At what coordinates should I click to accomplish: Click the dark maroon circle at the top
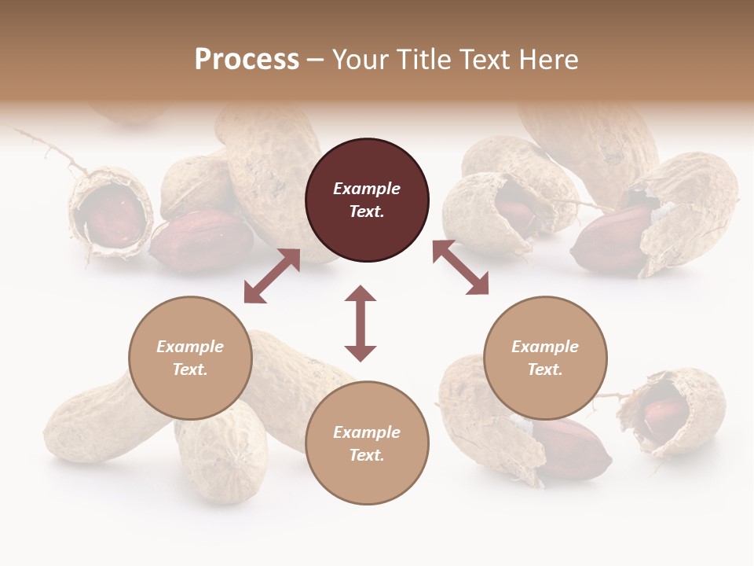(367, 200)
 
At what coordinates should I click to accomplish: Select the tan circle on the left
(190, 358)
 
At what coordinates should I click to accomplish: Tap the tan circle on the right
(545, 358)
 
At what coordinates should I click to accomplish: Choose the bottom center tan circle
(367, 443)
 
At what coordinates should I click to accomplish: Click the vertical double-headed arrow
(361, 323)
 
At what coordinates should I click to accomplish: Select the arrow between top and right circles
(460, 268)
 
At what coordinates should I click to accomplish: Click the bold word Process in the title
(247, 59)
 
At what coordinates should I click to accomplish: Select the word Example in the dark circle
(367, 189)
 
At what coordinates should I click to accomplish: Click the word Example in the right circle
(545, 347)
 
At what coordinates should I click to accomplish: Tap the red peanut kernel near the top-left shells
(188, 244)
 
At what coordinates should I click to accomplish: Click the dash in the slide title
(316, 59)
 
